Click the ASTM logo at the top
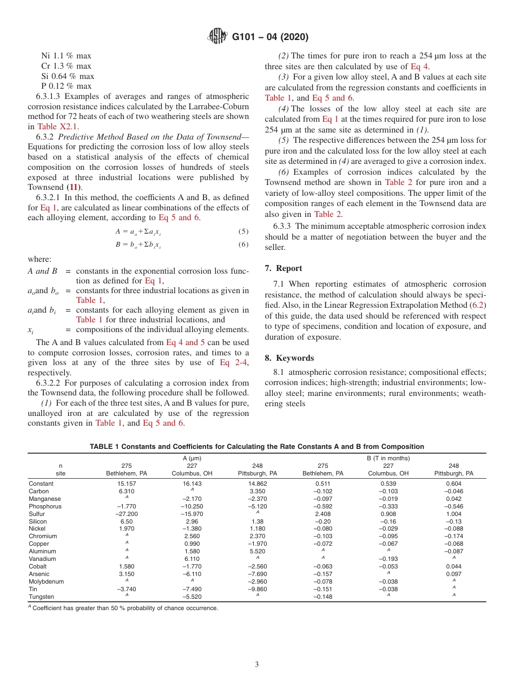click(x=217, y=37)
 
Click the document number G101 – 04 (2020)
click(x=270, y=37)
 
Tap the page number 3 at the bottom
click(x=257, y=664)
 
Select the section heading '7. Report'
click(x=284, y=268)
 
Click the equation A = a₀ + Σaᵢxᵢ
click(x=138, y=231)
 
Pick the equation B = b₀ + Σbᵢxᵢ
click(x=138, y=244)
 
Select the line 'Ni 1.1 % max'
click(x=66, y=55)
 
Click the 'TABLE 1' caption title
click(x=257, y=446)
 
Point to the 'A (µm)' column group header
click(x=192, y=458)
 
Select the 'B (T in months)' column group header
click(x=388, y=458)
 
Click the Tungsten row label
click(x=41, y=597)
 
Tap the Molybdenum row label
click(x=46, y=581)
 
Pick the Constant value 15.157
click(x=126, y=484)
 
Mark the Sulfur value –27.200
click(x=126, y=514)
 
